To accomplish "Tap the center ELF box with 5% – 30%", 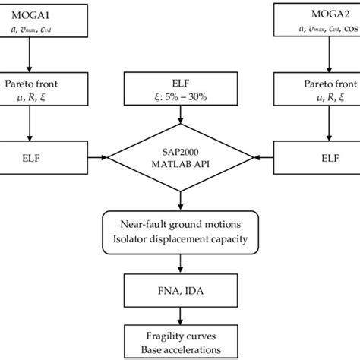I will coord(179,89).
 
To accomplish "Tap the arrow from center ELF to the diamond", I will coord(179,115).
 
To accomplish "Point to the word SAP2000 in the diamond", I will coord(179,151).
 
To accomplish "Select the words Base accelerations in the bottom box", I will coord(179,350).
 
